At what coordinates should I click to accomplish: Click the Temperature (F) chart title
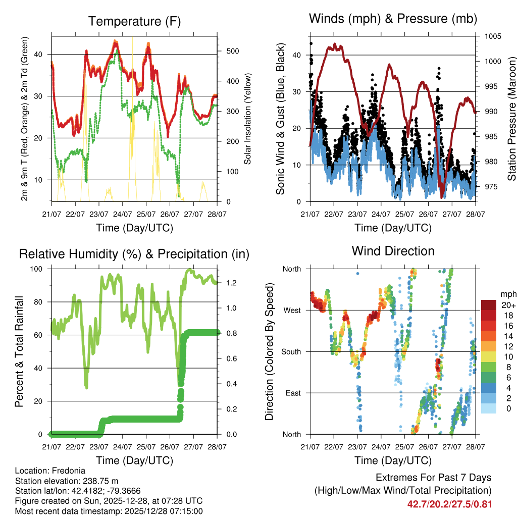point(134,21)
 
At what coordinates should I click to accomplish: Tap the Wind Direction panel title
point(393,250)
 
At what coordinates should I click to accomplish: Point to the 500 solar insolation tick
point(226,51)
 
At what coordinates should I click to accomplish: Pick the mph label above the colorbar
point(508,294)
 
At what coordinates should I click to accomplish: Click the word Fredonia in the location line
point(66,470)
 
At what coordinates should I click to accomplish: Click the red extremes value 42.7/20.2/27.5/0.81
point(449,504)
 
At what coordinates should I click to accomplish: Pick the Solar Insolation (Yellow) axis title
point(247,119)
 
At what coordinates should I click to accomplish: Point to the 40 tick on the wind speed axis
point(297,55)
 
